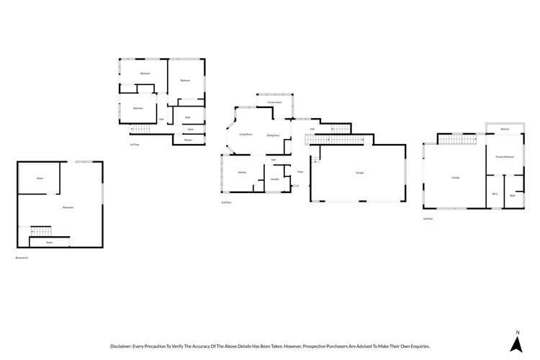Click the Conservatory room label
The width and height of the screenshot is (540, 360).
click(274, 102)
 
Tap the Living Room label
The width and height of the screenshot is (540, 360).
click(246, 135)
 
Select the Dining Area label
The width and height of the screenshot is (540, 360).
click(273, 135)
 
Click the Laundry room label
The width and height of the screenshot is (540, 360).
click(274, 179)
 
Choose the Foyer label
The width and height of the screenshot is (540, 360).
click(300, 172)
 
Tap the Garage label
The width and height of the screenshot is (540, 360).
click(359, 173)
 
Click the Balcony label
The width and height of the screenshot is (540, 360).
click(505, 129)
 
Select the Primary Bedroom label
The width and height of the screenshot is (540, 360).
click(504, 156)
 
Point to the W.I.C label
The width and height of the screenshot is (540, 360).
click(495, 194)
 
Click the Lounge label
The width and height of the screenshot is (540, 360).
click(455, 177)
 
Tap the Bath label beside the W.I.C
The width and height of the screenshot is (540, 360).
click(513, 195)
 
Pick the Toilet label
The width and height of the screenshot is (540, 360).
click(190, 130)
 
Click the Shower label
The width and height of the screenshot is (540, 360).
click(188, 140)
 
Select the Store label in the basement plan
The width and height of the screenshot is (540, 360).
click(50, 243)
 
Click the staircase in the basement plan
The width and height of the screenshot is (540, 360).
click(41, 231)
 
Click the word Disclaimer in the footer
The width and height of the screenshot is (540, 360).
click(125, 346)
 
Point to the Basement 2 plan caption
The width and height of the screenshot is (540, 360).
click(22, 257)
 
